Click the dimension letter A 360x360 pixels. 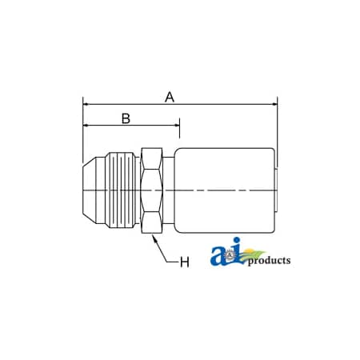pyautogui.click(x=170, y=97)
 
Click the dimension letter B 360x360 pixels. pyautogui.click(x=126, y=118)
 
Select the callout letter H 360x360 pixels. pyautogui.click(x=185, y=262)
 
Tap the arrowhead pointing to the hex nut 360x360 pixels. pyautogui.click(x=154, y=237)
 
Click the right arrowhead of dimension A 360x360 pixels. pyautogui.click(x=274, y=104)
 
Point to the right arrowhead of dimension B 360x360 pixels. pyautogui.click(x=177, y=125)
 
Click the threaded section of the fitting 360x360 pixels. pyautogui.click(x=120, y=190)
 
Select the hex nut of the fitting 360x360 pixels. pyautogui.click(x=152, y=190)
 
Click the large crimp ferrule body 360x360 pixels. pyautogui.click(x=225, y=190)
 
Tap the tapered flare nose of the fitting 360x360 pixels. pyautogui.click(x=89, y=190)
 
